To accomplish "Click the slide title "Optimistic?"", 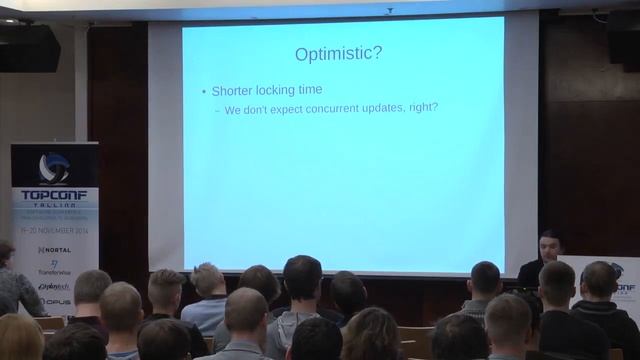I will pyautogui.click(x=337, y=54).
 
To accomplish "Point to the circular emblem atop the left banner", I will pyautogui.click(x=54, y=166).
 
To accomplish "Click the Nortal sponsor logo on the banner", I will pyautogui.click(x=54, y=249).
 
